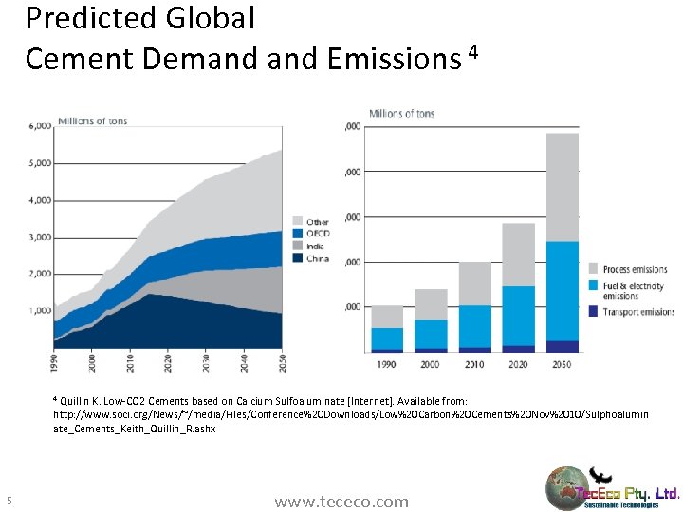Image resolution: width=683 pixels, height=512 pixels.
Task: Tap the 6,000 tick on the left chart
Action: [40, 125]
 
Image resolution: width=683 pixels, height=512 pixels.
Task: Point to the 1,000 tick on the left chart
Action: [40, 310]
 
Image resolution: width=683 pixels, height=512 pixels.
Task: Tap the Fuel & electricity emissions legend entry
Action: [631, 289]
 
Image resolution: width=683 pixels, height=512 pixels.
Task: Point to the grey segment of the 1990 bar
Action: [387, 317]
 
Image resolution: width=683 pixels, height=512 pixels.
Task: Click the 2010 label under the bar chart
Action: [475, 363]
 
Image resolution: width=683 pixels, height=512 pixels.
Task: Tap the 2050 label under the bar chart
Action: [563, 363]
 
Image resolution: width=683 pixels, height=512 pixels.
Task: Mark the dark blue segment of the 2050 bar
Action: [563, 346]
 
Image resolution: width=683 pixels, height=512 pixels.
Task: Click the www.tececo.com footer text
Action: [341, 502]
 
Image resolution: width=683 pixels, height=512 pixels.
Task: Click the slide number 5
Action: [9, 501]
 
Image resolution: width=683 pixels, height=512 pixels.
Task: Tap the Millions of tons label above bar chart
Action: [402, 114]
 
